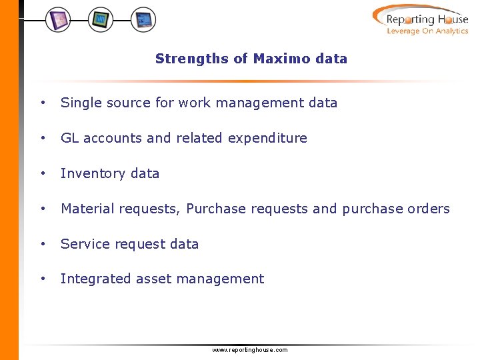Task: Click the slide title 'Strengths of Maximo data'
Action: tap(251, 59)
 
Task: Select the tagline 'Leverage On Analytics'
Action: tap(427, 31)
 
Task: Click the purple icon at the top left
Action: tap(58, 20)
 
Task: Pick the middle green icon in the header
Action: tap(101, 20)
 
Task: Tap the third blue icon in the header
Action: tap(143, 20)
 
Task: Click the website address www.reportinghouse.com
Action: tap(249, 350)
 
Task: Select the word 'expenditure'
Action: tap(267, 139)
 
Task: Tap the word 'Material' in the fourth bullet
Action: tap(86, 209)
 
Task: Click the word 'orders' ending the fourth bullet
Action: tap(429, 209)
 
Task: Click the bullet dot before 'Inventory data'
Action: tap(43, 173)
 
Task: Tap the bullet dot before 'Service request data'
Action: tap(43, 244)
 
